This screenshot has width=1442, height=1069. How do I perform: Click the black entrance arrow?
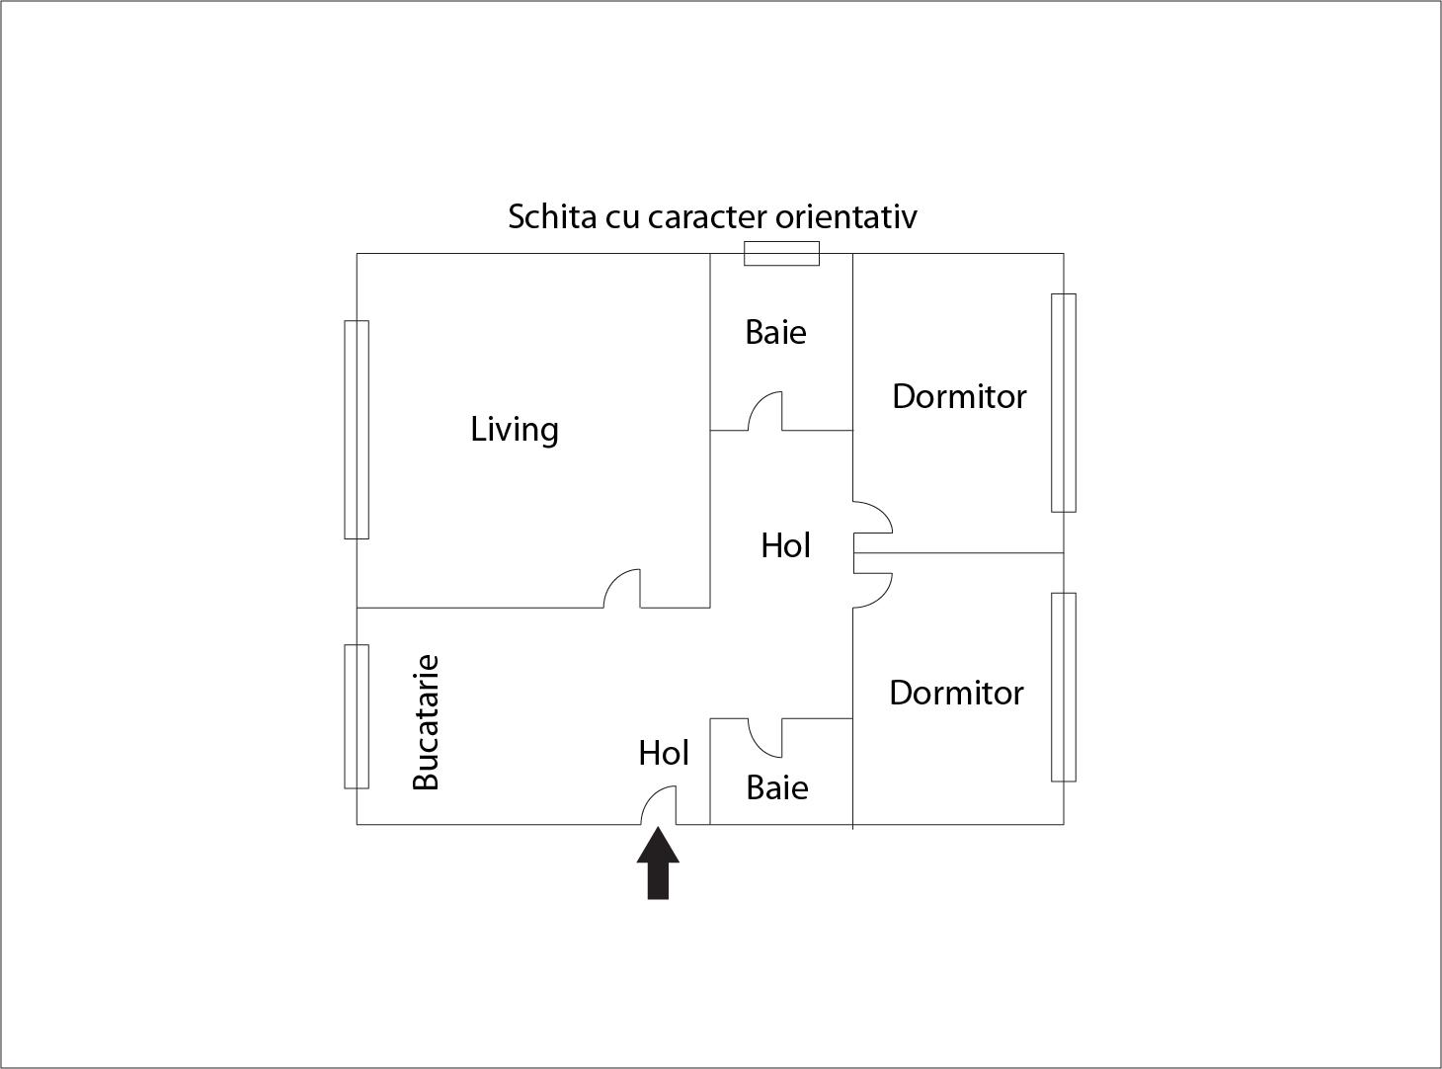(x=658, y=863)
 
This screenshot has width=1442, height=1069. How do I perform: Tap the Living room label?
(x=515, y=430)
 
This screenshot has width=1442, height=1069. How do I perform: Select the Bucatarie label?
(x=427, y=722)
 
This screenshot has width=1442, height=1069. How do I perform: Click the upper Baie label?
(x=775, y=333)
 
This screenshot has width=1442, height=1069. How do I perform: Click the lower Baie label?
(x=777, y=788)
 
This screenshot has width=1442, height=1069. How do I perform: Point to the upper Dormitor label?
(x=959, y=396)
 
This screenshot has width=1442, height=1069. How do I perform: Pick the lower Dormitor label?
(x=956, y=693)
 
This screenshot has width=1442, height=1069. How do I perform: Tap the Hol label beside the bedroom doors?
(x=785, y=545)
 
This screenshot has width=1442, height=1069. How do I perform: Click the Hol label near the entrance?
(x=664, y=753)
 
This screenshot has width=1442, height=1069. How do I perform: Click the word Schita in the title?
(x=552, y=216)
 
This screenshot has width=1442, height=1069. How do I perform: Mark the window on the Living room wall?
(x=357, y=430)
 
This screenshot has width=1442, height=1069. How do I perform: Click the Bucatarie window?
(x=357, y=716)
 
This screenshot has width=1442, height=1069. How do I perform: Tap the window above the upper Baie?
(x=781, y=253)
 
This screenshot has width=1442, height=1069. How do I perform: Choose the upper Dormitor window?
(x=1064, y=403)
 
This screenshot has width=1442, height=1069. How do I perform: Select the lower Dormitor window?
(x=1064, y=687)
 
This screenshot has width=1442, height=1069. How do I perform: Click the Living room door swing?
(x=622, y=588)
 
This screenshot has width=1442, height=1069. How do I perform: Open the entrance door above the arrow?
(x=659, y=805)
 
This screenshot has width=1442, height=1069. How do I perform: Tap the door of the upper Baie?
(x=765, y=411)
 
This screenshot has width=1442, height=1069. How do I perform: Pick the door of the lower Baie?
(x=765, y=738)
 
